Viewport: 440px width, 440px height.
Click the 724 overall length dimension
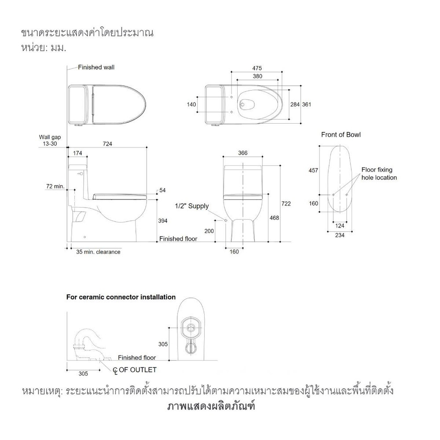point(107,144)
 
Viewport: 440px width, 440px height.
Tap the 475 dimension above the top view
point(257,68)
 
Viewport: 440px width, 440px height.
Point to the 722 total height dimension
point(286,204)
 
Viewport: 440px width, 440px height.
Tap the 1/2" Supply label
point(192,206)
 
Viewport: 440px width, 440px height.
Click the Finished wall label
point(96,68)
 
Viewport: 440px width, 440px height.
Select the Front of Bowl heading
point(341,135)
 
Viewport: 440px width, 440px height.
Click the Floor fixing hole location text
point(379,173)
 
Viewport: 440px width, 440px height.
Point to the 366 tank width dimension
point(242,153)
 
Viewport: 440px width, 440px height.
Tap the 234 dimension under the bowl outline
point(339,235)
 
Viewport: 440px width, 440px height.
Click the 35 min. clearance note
point(98,252)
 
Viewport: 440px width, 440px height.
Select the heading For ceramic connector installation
point(121,297)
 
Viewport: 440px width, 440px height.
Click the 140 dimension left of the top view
point(191,104)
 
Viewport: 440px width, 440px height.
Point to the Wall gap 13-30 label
point(50,140)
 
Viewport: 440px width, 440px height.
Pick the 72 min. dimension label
point(55,187)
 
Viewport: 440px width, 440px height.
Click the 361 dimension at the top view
point(307,104)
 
